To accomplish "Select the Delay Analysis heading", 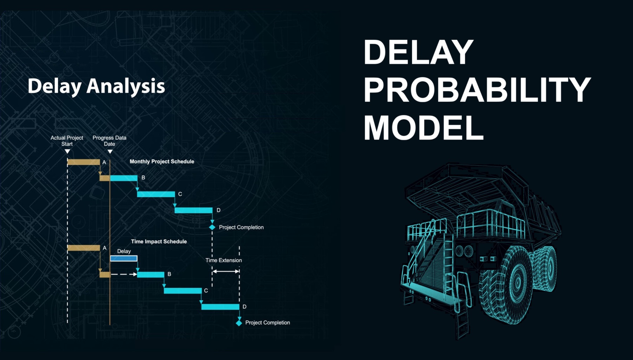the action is click(96, 86).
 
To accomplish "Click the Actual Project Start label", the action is click(67, 141).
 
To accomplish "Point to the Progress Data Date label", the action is click(109, 141).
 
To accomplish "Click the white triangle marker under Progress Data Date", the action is click(110, 152).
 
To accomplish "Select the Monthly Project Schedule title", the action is click(162, 161).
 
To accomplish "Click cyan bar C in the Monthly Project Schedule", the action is click(156, 194).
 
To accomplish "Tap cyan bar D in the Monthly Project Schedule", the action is click(193, 210).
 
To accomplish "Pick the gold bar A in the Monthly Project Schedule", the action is click(84, 162).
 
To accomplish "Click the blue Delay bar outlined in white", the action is click(124, 258).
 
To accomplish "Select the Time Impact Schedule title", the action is click(159, 242).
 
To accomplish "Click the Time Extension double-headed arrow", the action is click(226, 271).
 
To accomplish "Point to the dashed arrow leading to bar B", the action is click(124, 274).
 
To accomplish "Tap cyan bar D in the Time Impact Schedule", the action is click(220, 307).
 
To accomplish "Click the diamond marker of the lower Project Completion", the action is click(239, 323).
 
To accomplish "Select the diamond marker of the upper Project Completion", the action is click(212, 227).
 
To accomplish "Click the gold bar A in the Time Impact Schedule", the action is click(84, 248).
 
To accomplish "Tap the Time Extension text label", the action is click(224, 260).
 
